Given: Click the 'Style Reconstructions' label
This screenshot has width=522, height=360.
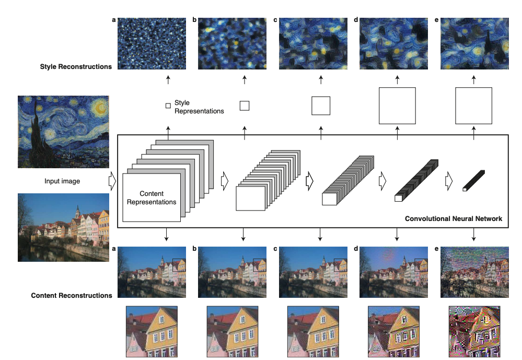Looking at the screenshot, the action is pyautogui.click(x=76, y=66).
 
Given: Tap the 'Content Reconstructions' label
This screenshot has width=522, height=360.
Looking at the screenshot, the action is pyautogui.click(x=72, y=295).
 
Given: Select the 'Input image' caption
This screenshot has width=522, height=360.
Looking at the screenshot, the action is pyautogui.click(x=62, y=181).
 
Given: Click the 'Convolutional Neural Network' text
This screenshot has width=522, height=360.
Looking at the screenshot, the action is pyautogui.click(x=454, y=219).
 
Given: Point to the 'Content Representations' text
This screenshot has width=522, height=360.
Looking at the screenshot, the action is pyautogui.click(x=152, y=198).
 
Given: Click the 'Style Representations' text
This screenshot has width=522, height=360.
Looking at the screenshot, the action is pyautogui.click(x=199, y=107).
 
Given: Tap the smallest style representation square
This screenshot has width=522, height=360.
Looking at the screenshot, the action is pyautogui.click(x=168, y=106).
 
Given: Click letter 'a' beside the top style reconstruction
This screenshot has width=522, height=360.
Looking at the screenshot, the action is pyautogui.click(x=114, y=20).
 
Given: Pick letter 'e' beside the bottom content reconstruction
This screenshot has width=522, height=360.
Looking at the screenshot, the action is pyautogui.click(x=436, y=249).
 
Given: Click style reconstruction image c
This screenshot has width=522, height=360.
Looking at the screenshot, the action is pyautogui.click(x=313, y=43).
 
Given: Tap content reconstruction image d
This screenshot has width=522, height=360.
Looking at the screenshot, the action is pyautogui.click(x=393, y=272).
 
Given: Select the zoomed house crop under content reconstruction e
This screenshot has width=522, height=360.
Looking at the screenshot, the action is pyautogui.click(x=474, y=332).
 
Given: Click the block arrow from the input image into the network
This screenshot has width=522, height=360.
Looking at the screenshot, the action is pyautogui.click(x=112, y=181).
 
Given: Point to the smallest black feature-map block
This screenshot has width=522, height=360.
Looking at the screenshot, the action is pyautogui.click(x=474, y=180).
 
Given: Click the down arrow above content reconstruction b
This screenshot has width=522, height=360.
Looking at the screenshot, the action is pyautogui.click(x=243, y=235).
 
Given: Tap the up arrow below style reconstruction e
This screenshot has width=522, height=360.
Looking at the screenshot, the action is pyautogui.click(x=474, y=79).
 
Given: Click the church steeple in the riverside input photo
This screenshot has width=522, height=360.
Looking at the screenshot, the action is pyautogui.click(x=77, y=212).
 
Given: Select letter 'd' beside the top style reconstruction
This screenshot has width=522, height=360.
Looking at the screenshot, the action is pyautogui.click(x=356, y=20).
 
